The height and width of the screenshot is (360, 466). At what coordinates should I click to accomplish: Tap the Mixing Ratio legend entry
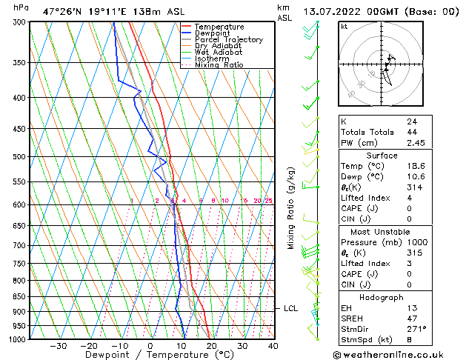(219, 65)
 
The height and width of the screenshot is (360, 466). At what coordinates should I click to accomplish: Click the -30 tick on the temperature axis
(58, 346)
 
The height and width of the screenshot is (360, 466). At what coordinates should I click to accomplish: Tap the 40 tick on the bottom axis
(273, 346)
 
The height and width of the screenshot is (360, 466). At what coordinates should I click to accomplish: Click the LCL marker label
(290, 308)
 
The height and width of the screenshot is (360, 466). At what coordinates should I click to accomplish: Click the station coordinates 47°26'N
(62, 11)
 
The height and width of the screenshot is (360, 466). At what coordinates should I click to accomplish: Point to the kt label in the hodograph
(344, 27)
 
